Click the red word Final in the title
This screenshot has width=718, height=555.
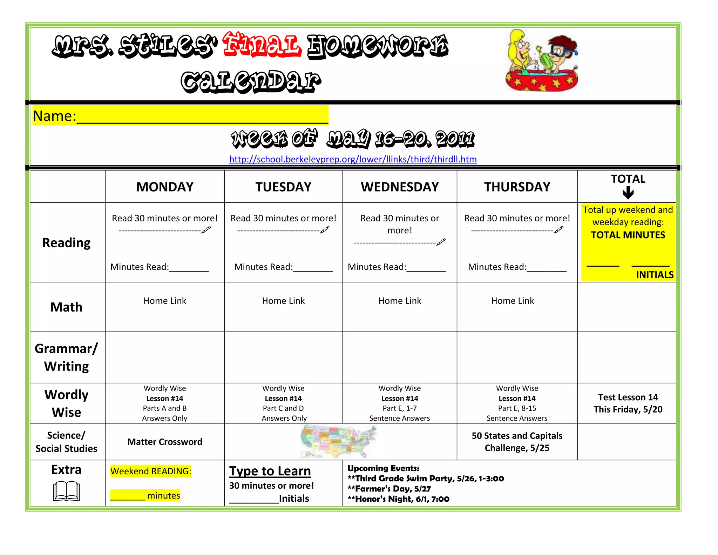262,45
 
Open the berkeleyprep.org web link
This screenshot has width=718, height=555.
353,159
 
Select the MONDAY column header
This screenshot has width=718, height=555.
165,187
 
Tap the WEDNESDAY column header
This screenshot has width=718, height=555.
400,187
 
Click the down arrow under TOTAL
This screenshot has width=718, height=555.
628,193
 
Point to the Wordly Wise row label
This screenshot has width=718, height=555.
67,403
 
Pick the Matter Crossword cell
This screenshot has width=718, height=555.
165,442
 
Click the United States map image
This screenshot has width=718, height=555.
338,442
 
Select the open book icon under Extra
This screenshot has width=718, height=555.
67,491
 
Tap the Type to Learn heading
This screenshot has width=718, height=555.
270,471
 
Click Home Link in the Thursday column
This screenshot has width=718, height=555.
513,301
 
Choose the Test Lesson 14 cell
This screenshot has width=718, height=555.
628,403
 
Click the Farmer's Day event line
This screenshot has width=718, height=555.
389,489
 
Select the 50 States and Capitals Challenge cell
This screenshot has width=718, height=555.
517,442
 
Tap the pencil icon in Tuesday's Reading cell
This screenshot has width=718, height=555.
325,230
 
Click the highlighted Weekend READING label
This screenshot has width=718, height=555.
151,471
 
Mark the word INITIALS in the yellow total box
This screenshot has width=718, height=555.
655,275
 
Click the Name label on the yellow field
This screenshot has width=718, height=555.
54,116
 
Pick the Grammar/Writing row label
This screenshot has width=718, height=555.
67,357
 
